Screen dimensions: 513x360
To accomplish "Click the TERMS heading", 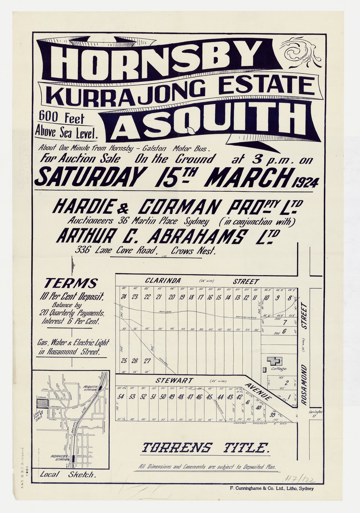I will [x=71, y=283].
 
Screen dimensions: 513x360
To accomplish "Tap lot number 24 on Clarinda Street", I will [x=124, y=297].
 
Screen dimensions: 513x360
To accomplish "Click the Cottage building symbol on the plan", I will [x=274, y=360].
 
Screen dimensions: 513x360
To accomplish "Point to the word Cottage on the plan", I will [x=279, y=369].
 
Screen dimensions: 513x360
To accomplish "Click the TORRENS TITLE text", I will [x=206, y=448].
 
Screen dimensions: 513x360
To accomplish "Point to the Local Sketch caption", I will [x=68, y=475].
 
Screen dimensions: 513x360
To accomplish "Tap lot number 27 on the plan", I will [x=147, y=360].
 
